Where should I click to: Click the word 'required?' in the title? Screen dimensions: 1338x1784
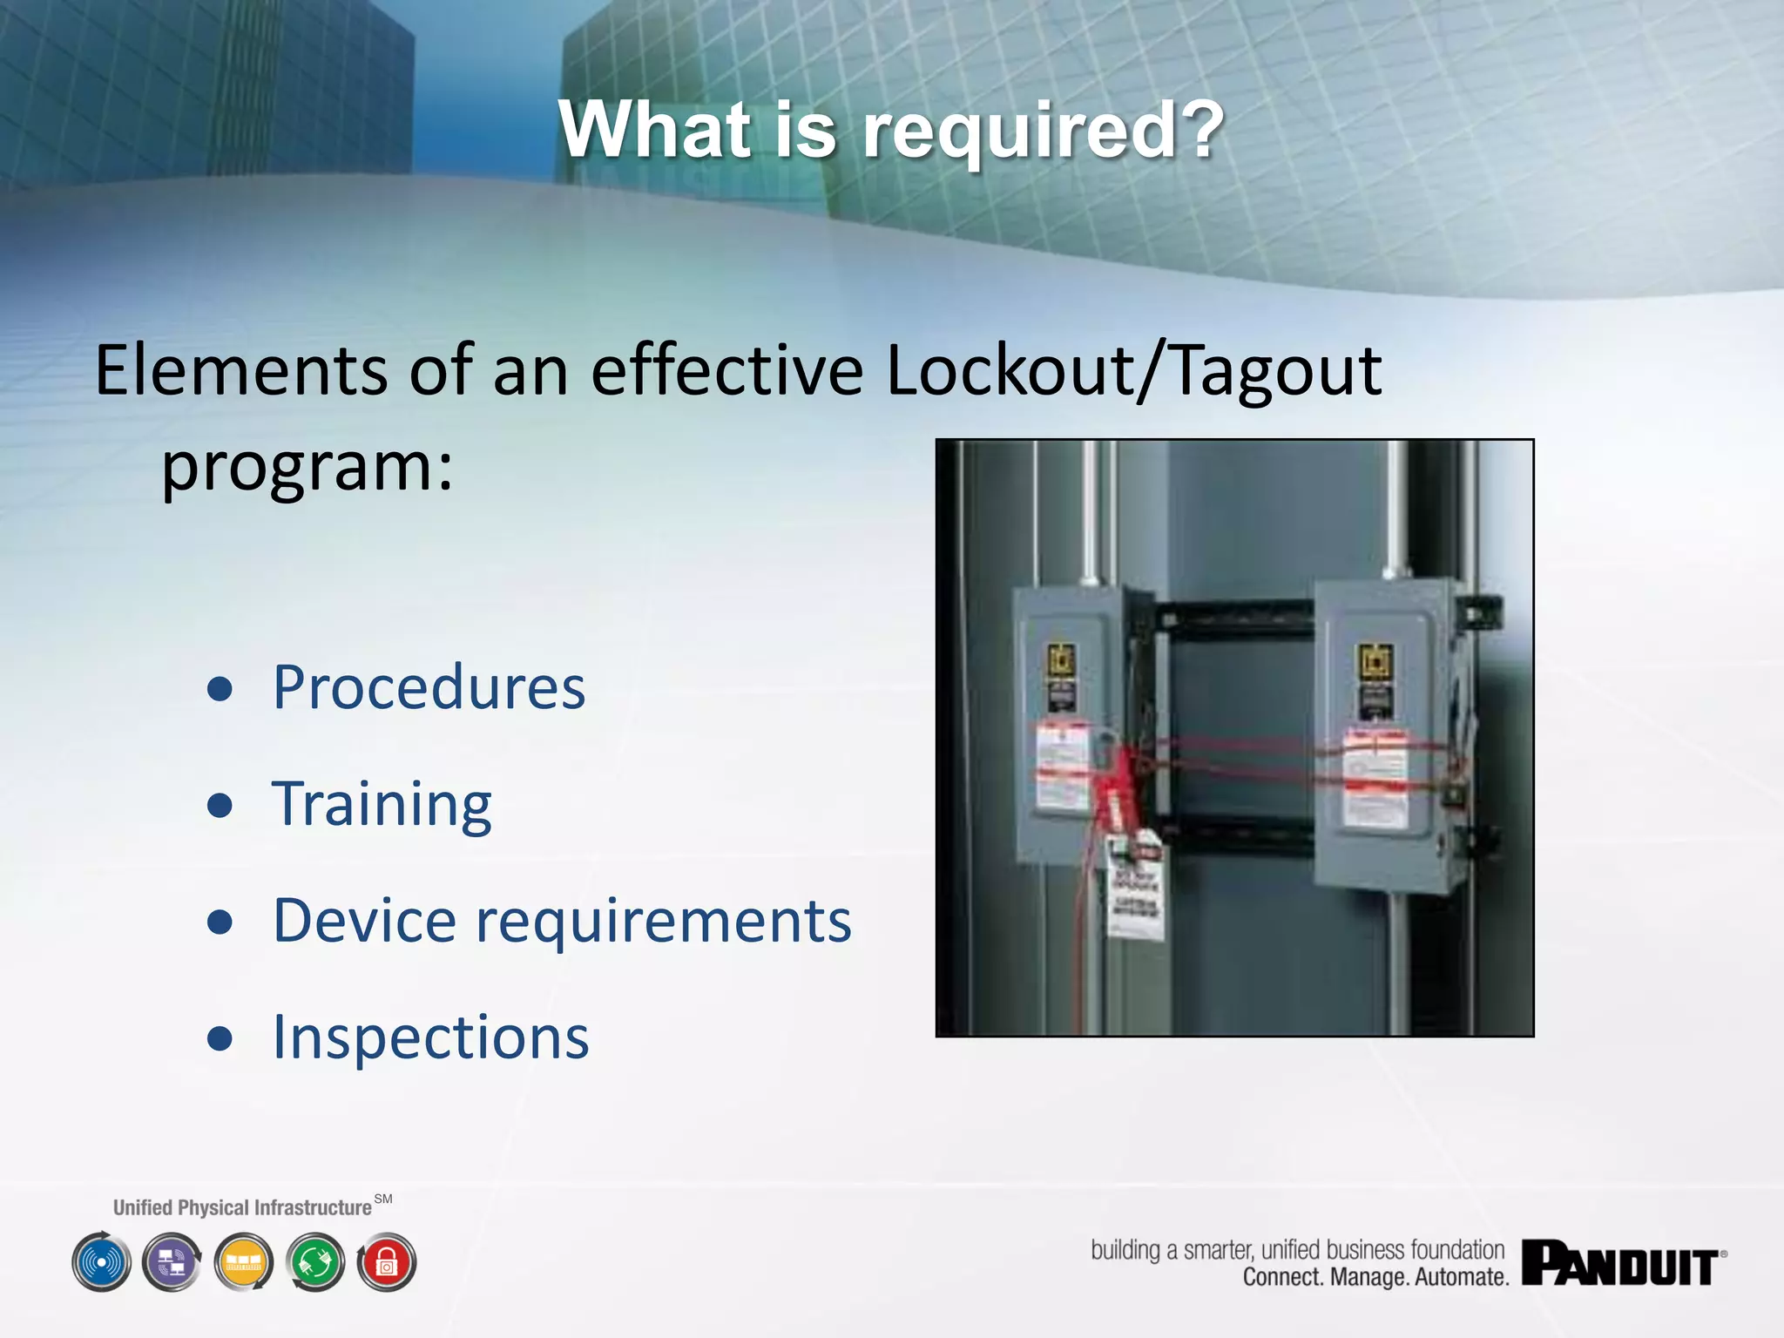[1044, 131]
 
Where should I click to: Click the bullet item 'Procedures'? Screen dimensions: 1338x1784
[429, 687]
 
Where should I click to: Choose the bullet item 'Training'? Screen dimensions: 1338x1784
[382, 804]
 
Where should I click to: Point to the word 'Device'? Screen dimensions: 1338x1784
[364, 921]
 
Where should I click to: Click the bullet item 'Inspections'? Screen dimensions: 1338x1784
[430, 1037]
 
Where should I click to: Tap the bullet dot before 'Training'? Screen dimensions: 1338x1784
[220, 806]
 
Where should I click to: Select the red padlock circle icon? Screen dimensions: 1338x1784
[387, 1262]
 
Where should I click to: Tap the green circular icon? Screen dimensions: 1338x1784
[315, 1262]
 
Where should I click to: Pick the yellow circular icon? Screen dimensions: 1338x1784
[244, 1262]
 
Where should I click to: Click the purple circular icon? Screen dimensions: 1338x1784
[172, 1262]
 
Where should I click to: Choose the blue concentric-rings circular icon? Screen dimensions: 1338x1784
[101, 1262]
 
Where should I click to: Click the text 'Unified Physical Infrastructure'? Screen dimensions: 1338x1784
[242, 1207]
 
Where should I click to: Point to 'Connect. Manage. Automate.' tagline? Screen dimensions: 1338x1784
[1375, 1278]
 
